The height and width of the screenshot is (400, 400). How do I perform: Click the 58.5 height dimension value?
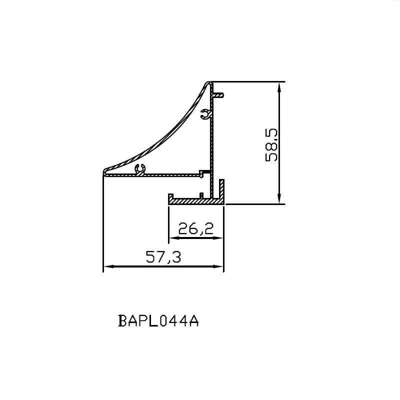tap(271, 145)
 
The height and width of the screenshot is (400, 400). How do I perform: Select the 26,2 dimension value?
tap(195, 228)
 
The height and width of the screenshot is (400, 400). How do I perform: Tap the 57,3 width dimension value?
tap(163, 256)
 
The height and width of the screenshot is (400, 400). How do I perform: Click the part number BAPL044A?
tap(158, 320)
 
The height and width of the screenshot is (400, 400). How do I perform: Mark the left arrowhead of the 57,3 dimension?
tap(108, 266)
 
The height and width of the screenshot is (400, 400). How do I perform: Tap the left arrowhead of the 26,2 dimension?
tap(174, 238)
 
